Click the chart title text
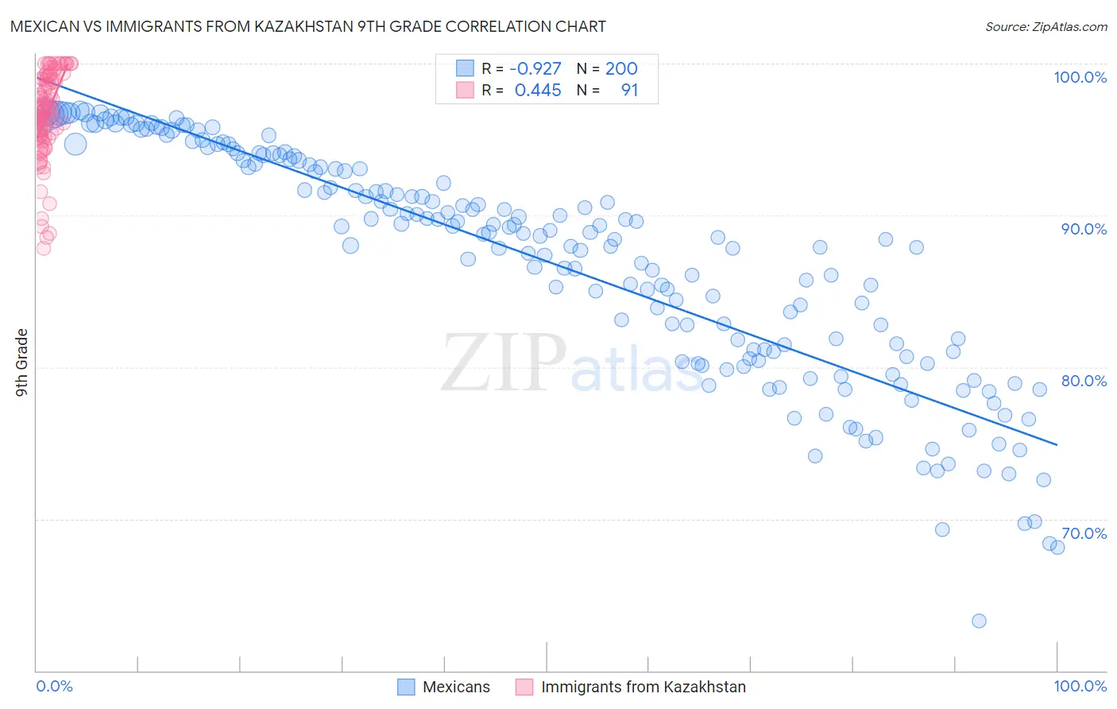(307, 26)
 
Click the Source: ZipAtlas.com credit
(1045, 26)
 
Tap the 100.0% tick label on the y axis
(1080, 77)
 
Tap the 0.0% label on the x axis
(54, 686)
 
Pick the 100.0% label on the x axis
(1080, 686)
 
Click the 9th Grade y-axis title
(22, 362)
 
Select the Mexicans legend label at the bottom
(456, 687)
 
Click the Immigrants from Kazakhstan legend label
(644, 687)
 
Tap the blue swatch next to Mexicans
(406, 687)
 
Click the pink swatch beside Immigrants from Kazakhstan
(524, 687)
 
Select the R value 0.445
(538, 91)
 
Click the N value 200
(621, 69)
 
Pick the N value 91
(629, 91)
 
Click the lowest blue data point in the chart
(979, 621)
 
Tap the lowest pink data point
(44, 248)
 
